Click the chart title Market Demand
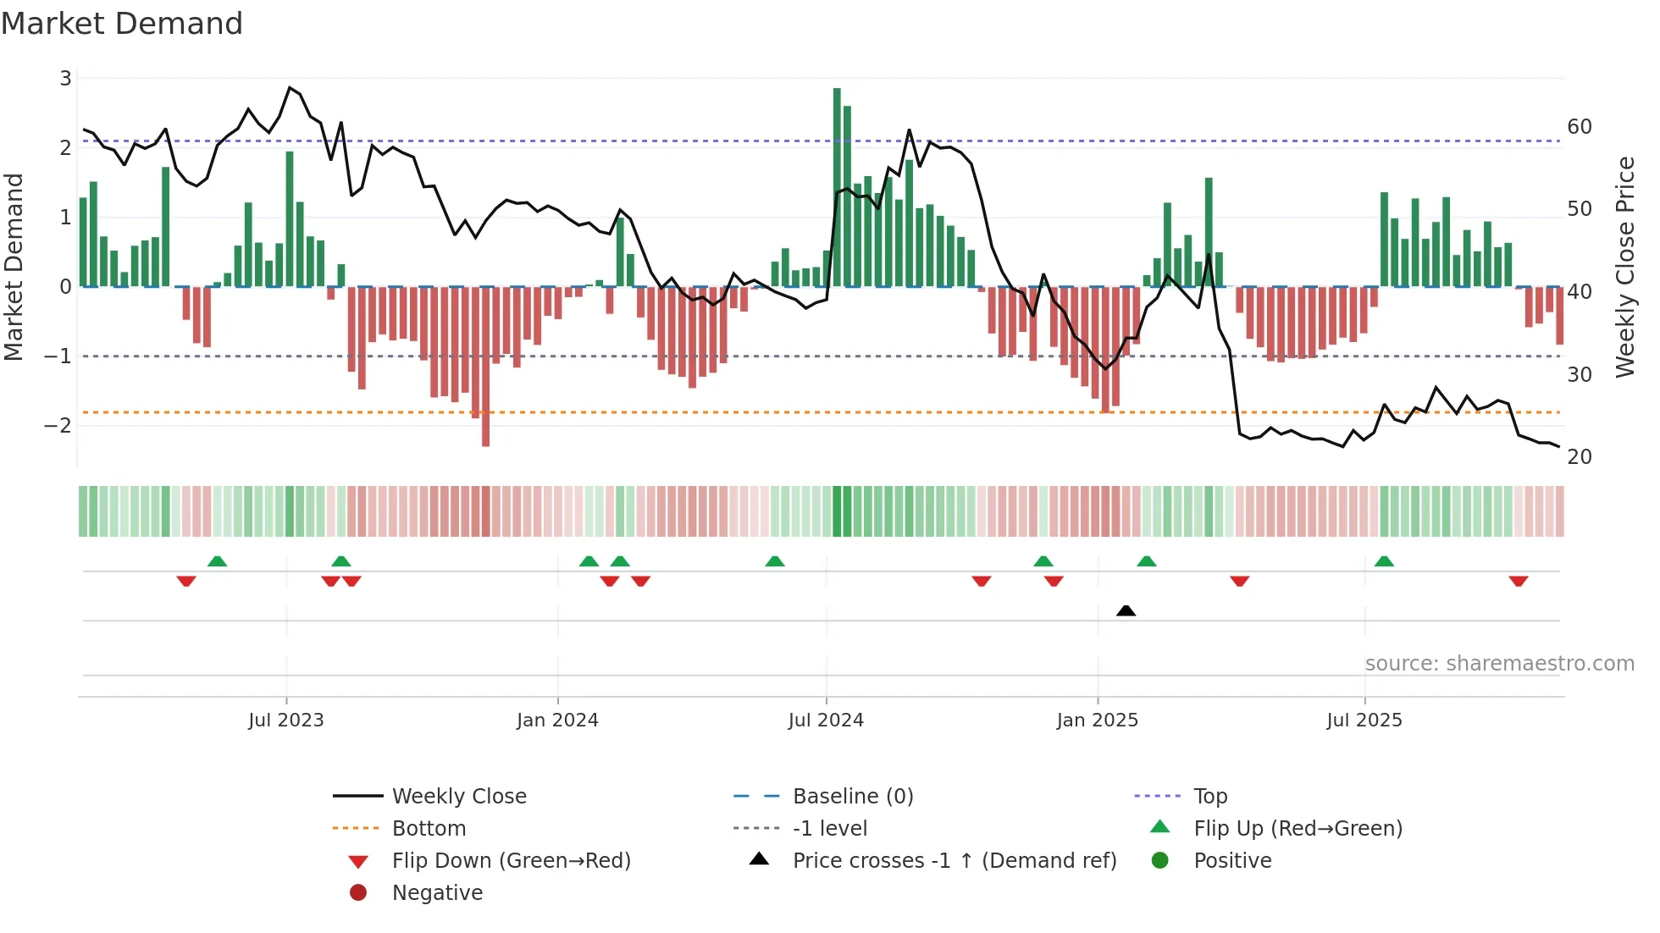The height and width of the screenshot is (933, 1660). pyautogui.click(x=122, y=24)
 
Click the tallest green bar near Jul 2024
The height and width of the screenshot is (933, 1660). pyautogui.click(x=837, y=186)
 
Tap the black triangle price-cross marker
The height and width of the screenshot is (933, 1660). pyautogui.click(x=1126, y=610)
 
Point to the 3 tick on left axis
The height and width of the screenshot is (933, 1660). pyautogui.click(x=65, y=79)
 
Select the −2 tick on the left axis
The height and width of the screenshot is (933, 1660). pyautogui.click(x=58, y=425)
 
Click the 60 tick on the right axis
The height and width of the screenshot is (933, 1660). pyautogui.click(x=1580, y=127)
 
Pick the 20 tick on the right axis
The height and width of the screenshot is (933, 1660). pyautogui.click(x=1580, y=457)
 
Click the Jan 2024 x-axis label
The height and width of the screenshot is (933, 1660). pyautogui.click(x=557, y=720)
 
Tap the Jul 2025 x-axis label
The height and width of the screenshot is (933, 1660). pyautogui.click(x=1364, y=720)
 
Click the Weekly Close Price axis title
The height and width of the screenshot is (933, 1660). pyautogui.click(x=1624, y=267)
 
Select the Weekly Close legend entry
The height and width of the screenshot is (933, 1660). pyautogui.click(x=458, y=797)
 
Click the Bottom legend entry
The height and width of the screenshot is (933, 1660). pyautogui.click(x=429, y=829)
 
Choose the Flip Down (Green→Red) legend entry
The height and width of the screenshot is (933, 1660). pyautogui.click(x=511, y=861)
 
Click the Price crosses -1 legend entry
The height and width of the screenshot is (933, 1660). pyautogui.click(x=954, y=861)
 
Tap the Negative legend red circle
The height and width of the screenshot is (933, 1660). pyautogui.click(x=358, y=893)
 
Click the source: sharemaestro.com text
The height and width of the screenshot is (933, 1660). pyautogui.click(x=1499, y=664)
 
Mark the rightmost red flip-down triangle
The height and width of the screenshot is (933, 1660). pyautogui.click(x=1518, y=581)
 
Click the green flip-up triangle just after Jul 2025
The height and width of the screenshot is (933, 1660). pyautogui.click(x=1384, y=561)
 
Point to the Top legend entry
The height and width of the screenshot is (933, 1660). pyautogui.click(x=1209, y=797)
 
